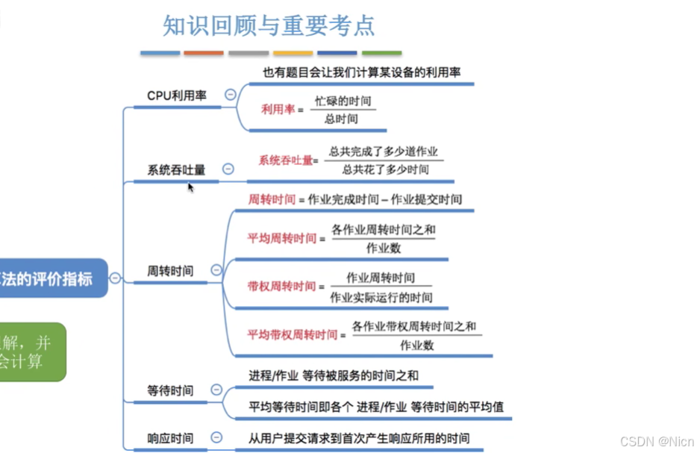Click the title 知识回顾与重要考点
[x=269, y=25]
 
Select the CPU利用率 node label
[x=177, y=95]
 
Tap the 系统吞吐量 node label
[x=176, y=169]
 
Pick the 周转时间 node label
[x=170, y=271]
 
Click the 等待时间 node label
[x=170, y=390]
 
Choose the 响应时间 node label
[x=170, y=438]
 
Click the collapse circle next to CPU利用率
[x=230, y=95]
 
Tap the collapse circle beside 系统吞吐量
[x=228, y=169]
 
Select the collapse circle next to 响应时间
[x=216, y=437]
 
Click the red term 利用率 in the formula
[x=278, y=109]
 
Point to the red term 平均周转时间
[x=282, y=239]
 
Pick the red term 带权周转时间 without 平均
[x=282, y=286]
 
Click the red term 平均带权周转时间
[x=293, y=334]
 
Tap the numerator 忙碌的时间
[x=343, y=100]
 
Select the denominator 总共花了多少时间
[x=385, y=169]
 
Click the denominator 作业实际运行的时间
[x=381, y=297]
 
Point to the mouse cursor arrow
[x=190, y=187]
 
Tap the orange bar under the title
[x=204, y=53]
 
